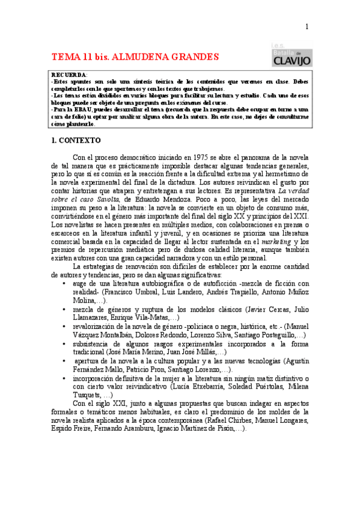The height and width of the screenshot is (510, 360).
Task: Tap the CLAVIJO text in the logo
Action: coord(291,61)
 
